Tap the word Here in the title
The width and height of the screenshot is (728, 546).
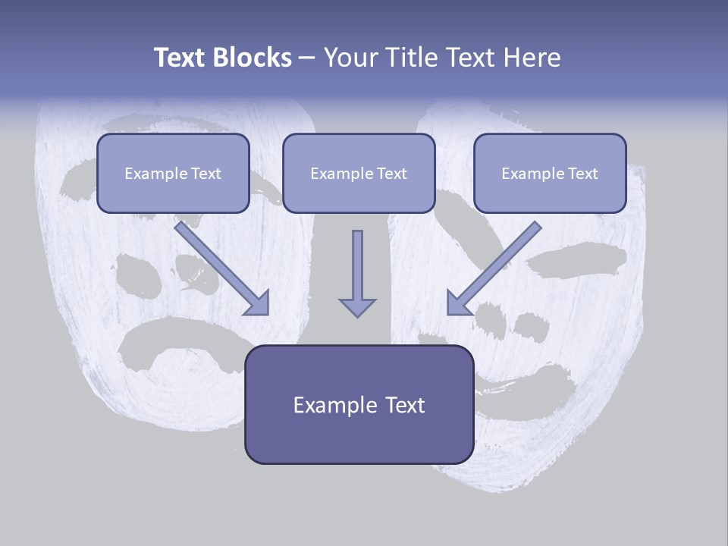(x=535, y=58)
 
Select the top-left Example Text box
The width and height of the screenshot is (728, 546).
(x=173, y=173)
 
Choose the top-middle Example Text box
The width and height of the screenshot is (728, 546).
(x=359, y=173)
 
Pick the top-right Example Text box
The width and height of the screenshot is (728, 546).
(x=550, y=173)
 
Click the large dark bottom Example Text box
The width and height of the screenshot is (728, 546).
(x=359, y=404)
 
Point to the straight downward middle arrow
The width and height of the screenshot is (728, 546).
(x=357, y=273)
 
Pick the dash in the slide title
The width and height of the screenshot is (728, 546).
(x=307, y=58)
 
